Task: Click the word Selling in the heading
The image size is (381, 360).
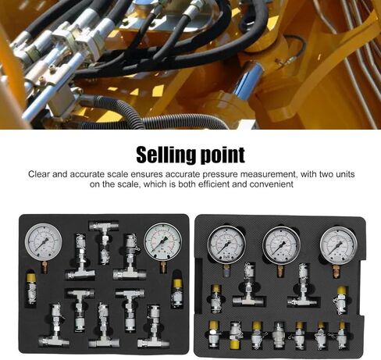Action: click(x=166, y=155)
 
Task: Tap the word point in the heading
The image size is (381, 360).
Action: click(x=223, y=155)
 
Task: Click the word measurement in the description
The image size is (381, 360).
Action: click(x=269, y=174)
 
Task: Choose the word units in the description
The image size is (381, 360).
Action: click(x=344, y=174)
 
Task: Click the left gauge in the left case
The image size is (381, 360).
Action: click(x=44, y=242)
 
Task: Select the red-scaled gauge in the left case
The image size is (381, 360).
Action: click(x=163, y=242)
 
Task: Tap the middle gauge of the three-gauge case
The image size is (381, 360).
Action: click(x=281, y=245)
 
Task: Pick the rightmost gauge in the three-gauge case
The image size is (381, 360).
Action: click(x=339, y=245)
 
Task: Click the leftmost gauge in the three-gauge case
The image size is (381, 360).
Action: click(x=226, y=244)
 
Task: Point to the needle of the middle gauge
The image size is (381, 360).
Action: click(x=280, y=248)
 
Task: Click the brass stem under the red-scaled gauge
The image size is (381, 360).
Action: click(x=163, y=267)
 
